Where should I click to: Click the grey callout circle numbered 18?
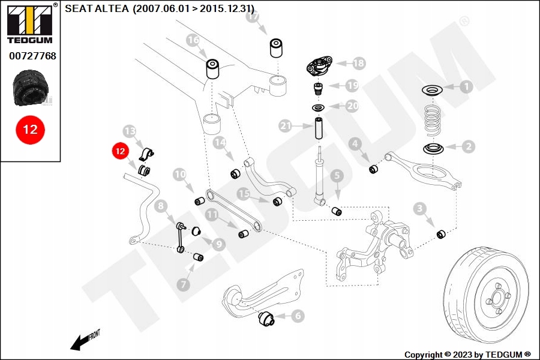(x=358, y=62)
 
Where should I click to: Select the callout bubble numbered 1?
(x=466, y=87)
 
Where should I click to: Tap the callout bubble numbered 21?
(x=286, y=126)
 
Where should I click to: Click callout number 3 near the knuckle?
(x=420, y=208)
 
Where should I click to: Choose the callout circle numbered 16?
(x=193, y=41)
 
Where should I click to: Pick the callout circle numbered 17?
(x=253, y=17)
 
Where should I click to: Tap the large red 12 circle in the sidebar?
(x=30, y=129)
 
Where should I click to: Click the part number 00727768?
(x=32, y=56)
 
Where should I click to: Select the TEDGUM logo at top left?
(x=29, y=23)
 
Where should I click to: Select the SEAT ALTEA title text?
(x=159, y=8)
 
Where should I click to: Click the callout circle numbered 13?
(x=130, y=131)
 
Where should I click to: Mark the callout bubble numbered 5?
(x=337, y=176)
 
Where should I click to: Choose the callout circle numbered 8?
(x=160, y=207)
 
